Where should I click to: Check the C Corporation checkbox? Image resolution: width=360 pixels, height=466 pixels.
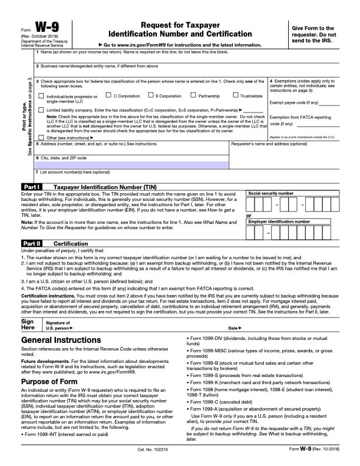(x=109, y=95)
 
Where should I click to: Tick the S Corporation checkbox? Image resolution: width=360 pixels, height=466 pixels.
(x=150, y=95)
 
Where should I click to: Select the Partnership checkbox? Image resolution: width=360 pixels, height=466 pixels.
(x=193, y=95)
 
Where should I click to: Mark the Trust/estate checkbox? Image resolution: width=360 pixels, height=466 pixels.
(x=235, y=95)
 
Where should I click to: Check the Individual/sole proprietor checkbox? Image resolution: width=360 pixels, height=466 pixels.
(x=41, y=95)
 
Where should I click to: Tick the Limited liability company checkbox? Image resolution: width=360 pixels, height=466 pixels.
(x=41, y=110)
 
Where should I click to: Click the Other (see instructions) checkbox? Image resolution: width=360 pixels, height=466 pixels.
(x=41, y=137)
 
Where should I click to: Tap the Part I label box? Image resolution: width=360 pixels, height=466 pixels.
(x=31, y=187)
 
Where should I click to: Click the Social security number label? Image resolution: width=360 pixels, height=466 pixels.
(x=270, y=193)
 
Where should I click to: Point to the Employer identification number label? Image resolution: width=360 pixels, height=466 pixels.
(x=279, y=222)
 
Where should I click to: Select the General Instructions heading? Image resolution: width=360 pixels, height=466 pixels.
(x=61, y=340)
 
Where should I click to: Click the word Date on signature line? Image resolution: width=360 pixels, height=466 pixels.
(x=233, y=328)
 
